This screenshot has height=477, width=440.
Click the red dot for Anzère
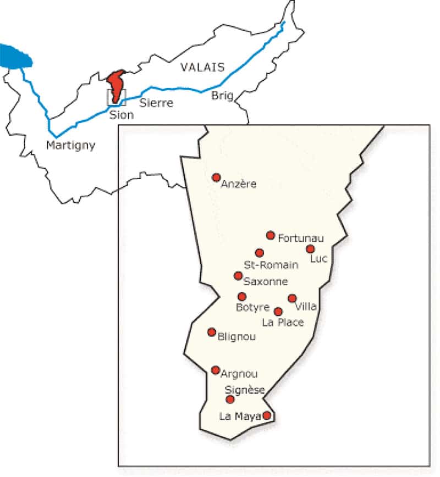[216, 178]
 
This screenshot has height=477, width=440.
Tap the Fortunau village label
[301, 239]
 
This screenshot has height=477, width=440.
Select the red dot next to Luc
[310, 249]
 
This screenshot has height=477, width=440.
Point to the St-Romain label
[271, 265]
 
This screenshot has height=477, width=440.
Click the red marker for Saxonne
[238, 275]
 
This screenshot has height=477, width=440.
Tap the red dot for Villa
[292, 298]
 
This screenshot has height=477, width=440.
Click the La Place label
[283, 323]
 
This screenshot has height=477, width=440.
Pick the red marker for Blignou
[212, 332]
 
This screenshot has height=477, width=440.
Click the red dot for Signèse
[230, 399]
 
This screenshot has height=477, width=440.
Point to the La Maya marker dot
[267, 415]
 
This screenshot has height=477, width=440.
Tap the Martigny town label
[71, 145]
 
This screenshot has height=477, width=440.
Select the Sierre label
[156, 103]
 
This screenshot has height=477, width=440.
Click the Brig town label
[223, 96]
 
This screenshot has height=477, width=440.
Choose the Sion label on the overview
[122, 115]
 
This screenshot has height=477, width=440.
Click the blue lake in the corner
[15, 55]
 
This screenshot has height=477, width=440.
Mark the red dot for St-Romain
[260, 253]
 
